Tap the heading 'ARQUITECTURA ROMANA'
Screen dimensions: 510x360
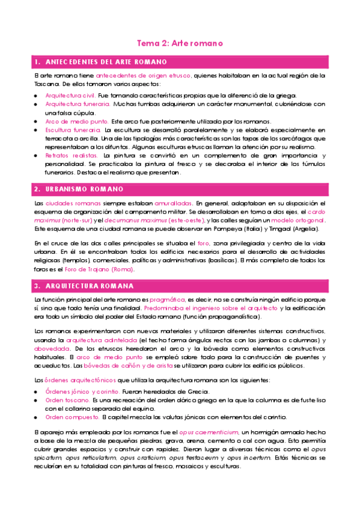[87, 285]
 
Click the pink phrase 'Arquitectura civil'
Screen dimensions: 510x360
[70, 96]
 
